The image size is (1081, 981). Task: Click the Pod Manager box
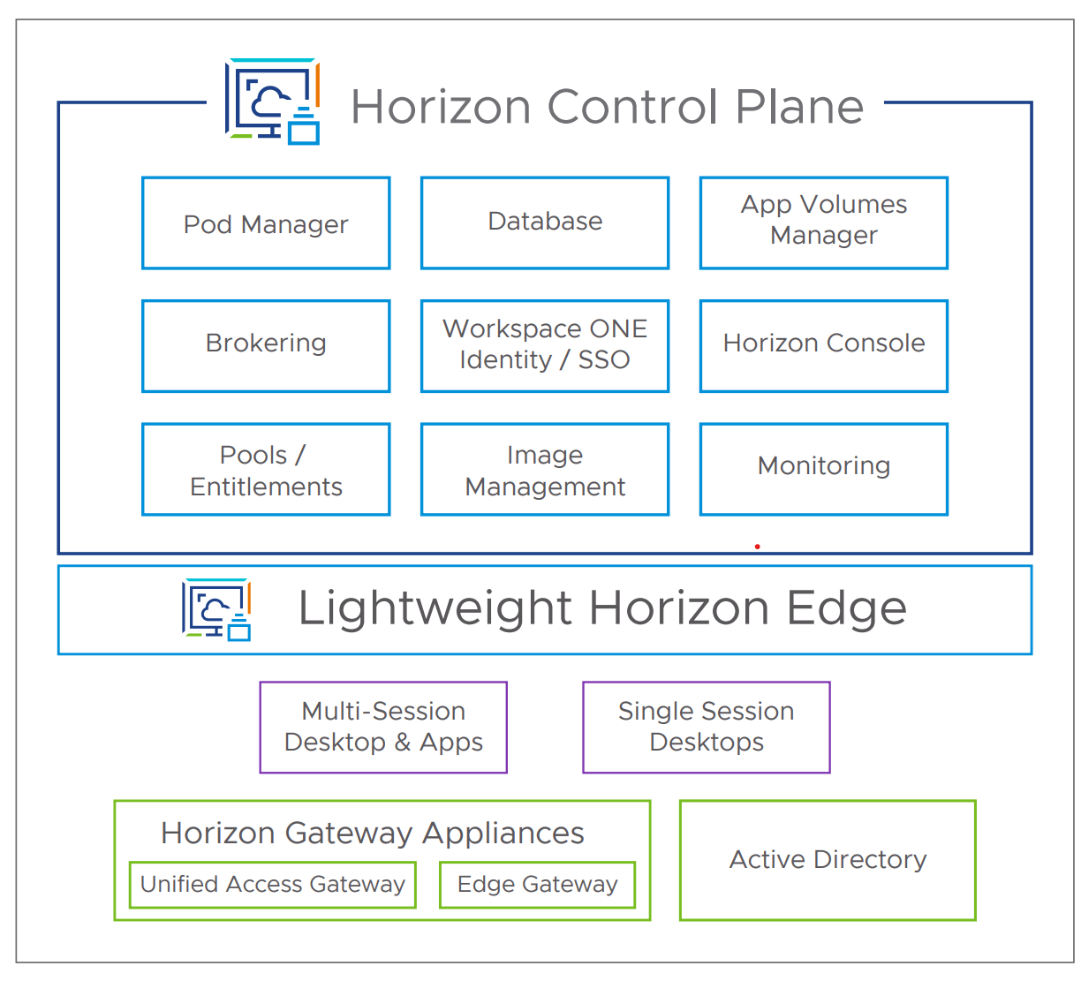coord(266,223)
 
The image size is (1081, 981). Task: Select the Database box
coord(545,223)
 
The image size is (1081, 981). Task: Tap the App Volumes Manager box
coord(823,223)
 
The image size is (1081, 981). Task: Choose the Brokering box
coord(266,345)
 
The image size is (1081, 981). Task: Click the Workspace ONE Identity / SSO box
coord(545,345)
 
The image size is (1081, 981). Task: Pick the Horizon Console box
coord(823,345)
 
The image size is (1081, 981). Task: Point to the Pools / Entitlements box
coord(266,469)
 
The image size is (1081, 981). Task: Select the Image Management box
coord(545,469)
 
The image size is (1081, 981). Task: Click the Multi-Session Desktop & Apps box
coord(383,727)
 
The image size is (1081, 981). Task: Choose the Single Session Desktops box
coord(707,727)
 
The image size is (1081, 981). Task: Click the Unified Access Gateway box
coord(272,884)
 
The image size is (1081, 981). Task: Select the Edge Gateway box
coord(537,884)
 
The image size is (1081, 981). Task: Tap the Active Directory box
coord(828,860)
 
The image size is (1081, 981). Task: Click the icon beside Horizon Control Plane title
coord(272,102)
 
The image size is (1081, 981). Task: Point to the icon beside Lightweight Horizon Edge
coord(216,609)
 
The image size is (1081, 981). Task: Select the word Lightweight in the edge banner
coord(435,609)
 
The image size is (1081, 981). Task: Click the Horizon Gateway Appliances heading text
coord(372,833)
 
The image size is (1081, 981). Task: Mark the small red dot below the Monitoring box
coord(757,547)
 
